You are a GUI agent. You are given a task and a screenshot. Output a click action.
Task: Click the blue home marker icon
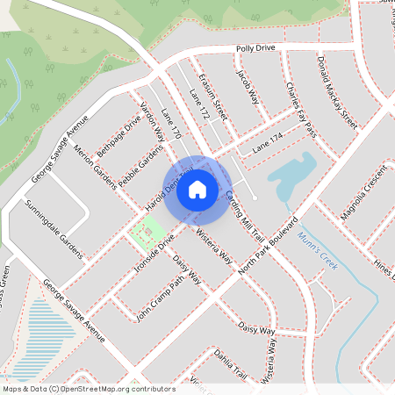[x=197, y=189]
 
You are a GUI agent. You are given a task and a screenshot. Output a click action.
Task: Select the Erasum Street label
[x=214, y=96]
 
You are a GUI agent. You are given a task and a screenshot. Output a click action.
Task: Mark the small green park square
[x=147, y=233]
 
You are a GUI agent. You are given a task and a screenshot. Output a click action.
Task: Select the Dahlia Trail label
[x=229, y=367]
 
